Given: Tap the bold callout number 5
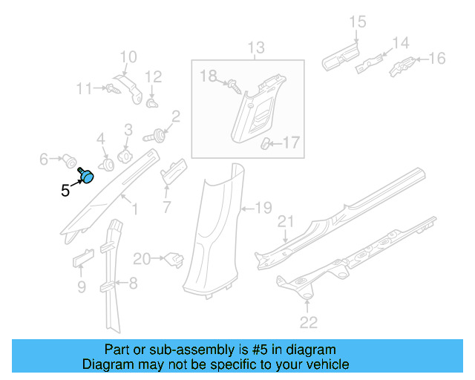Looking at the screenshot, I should (65, 191).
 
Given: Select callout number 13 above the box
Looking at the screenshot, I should (255, 50).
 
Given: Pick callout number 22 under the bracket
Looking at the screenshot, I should (308, 321).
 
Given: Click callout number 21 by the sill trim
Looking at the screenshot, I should (286, 222).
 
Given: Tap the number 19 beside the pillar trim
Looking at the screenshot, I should (264, 207).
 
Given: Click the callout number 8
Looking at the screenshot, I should (133, 282).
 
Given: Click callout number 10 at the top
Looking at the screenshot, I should (128, 56).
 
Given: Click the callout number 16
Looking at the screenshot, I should (436, 59).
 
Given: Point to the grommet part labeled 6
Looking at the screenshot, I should (70, 159).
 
